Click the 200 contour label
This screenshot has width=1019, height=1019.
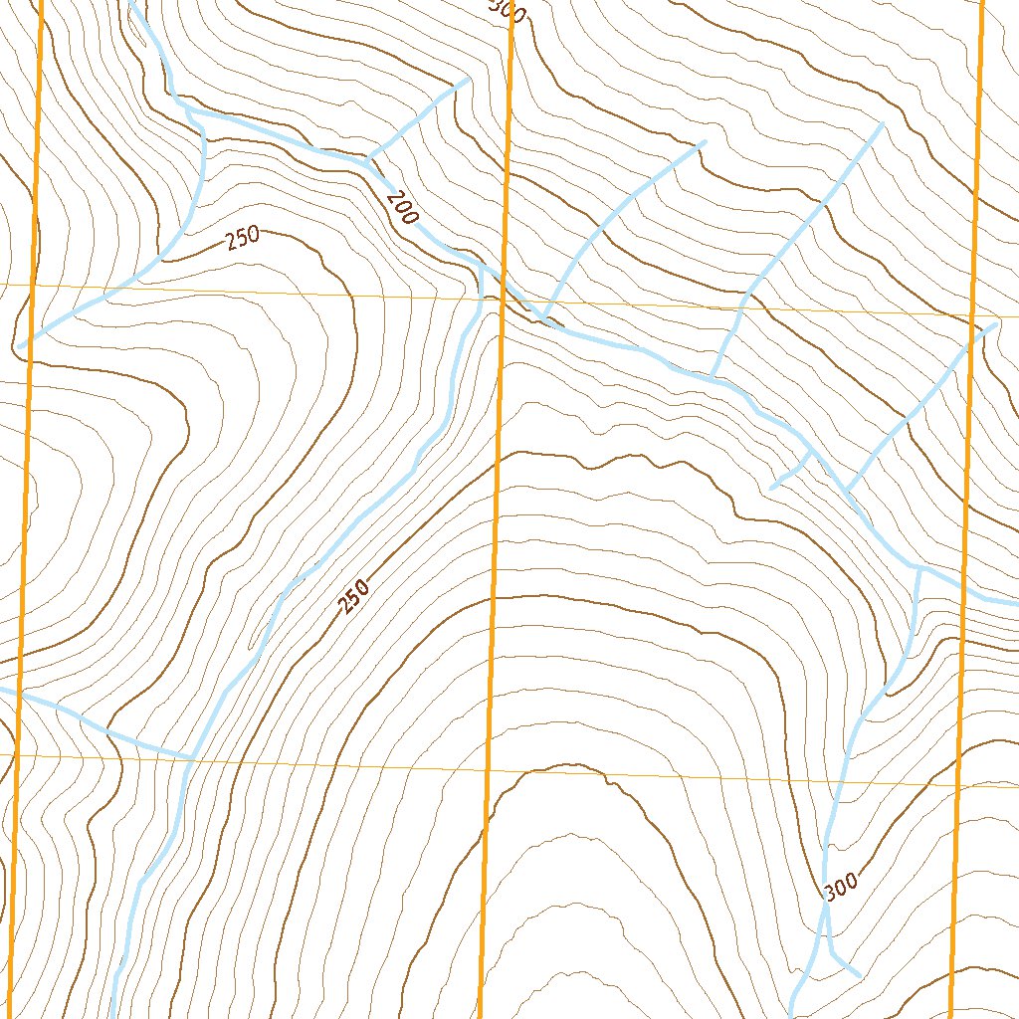401,209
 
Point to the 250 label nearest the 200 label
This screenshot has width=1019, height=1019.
243,238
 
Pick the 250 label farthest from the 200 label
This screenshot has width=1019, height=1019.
353,596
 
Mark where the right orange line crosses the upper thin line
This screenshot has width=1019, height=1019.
971,316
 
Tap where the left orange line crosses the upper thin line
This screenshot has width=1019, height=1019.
33,286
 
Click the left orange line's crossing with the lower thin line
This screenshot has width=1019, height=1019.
17,754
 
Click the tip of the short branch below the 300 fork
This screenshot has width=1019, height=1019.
859,974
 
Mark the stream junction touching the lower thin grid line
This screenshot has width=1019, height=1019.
192,758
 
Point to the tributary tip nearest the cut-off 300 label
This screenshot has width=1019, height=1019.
468,80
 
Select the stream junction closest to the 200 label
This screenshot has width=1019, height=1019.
369,159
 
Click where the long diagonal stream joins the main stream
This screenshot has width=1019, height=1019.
482,267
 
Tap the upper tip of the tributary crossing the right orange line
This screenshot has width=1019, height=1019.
995,323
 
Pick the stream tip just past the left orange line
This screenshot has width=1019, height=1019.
19,346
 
